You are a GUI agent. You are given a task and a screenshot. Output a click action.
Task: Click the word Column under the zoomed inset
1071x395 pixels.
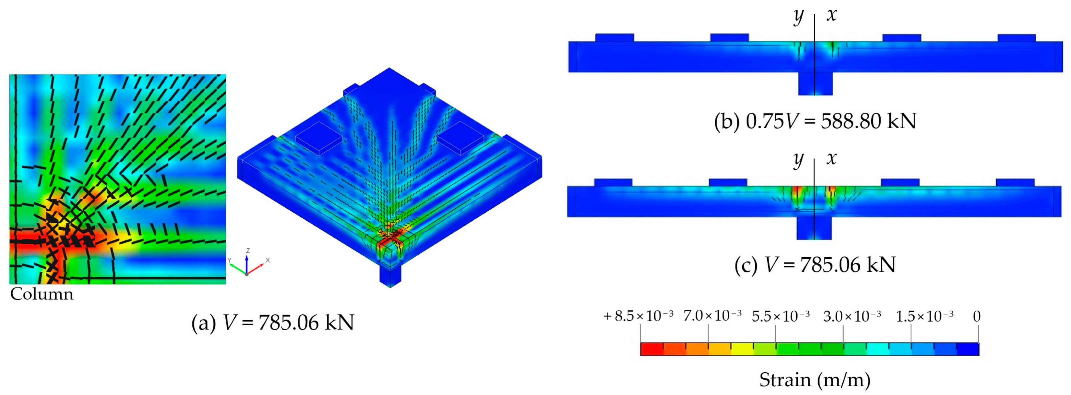[x=42, y=294]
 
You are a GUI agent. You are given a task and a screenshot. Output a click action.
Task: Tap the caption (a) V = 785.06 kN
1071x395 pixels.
[x=273, y=323]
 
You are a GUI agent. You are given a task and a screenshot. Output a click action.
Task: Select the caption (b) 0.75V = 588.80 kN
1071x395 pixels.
[x=815, y=121]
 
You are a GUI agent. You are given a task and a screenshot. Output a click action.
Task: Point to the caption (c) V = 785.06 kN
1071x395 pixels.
[x=815, y=265]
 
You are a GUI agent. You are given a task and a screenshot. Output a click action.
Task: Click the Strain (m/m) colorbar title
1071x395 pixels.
[x=815, y=380]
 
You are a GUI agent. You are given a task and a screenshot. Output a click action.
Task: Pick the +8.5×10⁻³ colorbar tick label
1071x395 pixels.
[x=638, y=316]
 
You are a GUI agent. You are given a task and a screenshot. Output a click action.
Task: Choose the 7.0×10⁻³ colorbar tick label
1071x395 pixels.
[x=712, y=316]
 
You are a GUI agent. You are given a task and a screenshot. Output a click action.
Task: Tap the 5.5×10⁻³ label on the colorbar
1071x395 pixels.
[x=780, y=316]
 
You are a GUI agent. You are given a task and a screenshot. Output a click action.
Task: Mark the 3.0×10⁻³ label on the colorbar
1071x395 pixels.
[x=852, y=316]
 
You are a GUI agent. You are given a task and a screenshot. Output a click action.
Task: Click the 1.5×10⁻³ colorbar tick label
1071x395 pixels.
[x=924, y=316]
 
